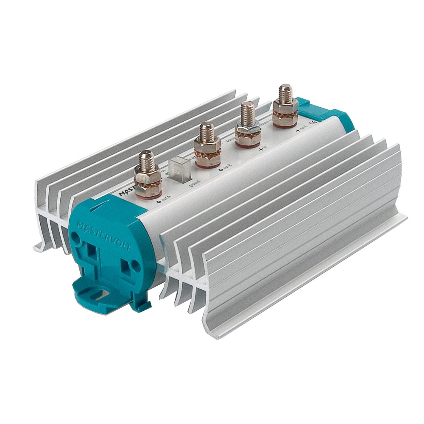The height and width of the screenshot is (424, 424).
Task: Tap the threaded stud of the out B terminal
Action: [x=206, y=131]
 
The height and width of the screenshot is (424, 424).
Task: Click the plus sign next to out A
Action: [x=159, y=202]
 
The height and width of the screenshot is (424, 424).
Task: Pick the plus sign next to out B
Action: [x=220, y=170]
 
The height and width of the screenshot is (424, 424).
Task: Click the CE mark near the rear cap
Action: [x=314, y=123]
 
